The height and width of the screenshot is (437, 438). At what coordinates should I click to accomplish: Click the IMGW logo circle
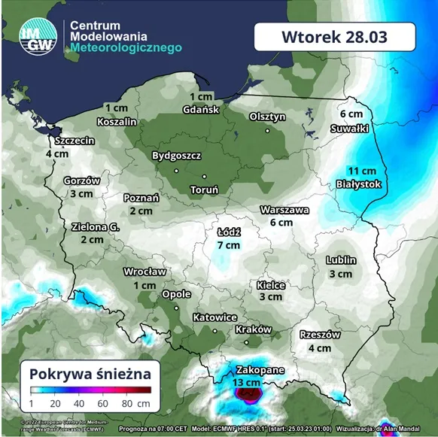click(x=37, y=37)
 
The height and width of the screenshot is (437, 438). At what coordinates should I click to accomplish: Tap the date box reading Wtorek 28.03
click(x=334, y=37)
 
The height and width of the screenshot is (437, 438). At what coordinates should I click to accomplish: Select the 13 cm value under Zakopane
click(x=248, y=383)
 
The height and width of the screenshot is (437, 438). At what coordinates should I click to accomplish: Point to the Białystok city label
click(x=360, y=184)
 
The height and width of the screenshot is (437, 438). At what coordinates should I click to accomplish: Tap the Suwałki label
click(x=349, y=129)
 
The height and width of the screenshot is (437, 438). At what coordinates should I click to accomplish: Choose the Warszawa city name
click(x=284, y=210)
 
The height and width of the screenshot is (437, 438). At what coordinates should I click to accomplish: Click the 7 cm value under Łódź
click(x=228, y=245)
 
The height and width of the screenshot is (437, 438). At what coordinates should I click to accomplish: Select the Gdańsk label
click(x=201, y=110)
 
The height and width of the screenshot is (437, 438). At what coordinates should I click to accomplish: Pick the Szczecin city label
click(x=74, y=140)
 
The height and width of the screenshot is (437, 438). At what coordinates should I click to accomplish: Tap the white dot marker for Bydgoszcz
click(x=176, y=170)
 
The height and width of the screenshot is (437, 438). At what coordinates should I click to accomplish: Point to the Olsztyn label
click(x=267, y=117)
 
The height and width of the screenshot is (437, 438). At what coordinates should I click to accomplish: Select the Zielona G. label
click(x=96, y=226)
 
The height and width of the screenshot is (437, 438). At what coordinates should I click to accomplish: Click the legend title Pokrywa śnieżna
click(x=90, y=373)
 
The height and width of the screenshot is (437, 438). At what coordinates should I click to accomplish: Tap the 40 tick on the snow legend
click(x=79, y=403)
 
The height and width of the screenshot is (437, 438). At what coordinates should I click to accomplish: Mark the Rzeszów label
click(x=320, y=335)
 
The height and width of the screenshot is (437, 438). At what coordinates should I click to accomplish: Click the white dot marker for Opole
click(x=176, y=308)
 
